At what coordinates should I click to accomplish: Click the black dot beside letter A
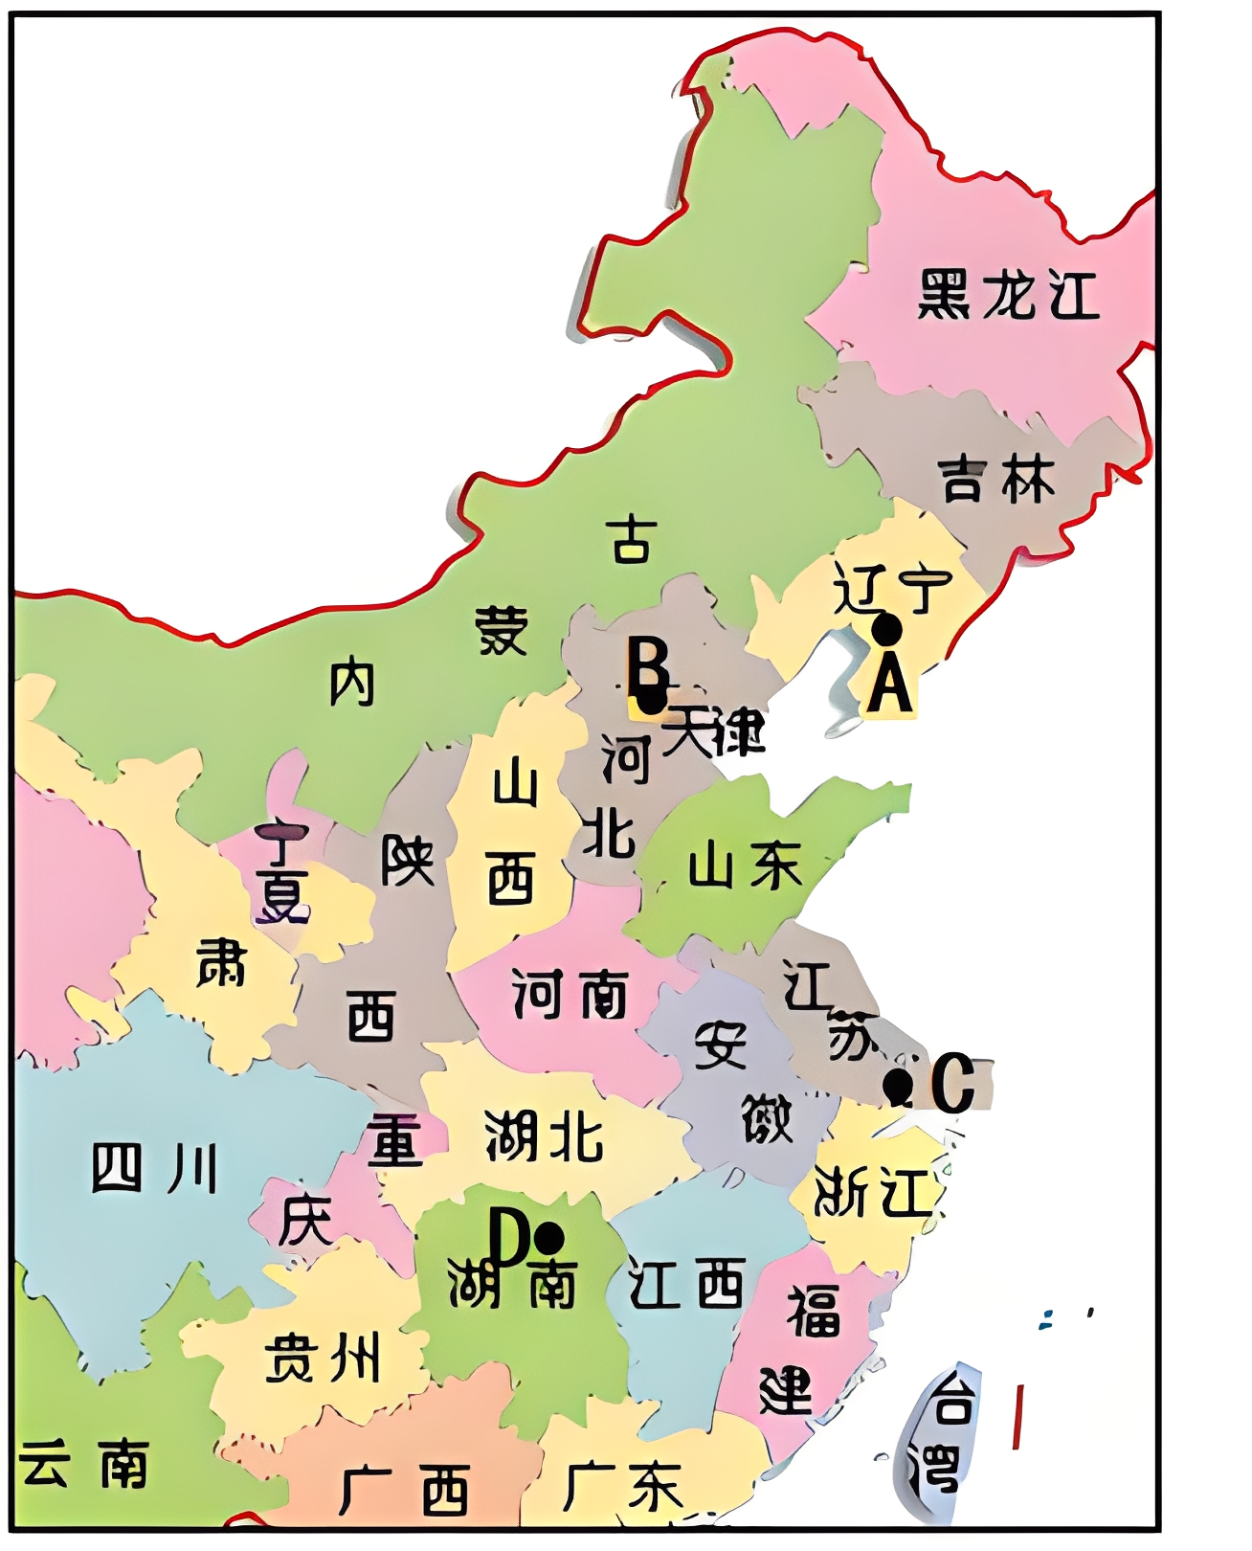coord(887,629)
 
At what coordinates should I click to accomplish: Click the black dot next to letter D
coord(548,1238)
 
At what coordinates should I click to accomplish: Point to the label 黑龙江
coord(1007,294)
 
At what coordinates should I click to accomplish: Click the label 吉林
coord(996,480)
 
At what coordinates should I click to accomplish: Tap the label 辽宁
coord(891,587)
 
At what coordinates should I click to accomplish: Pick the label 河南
coord(570,994)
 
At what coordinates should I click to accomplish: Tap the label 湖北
coord(544,1136)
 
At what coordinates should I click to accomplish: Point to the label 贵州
coord(323,1358)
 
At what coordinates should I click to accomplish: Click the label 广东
coord(622,1487)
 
